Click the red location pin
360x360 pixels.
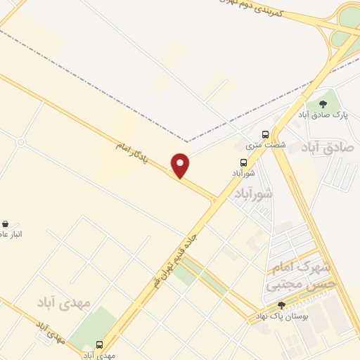(181, 166)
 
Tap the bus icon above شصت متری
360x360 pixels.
(265, 134)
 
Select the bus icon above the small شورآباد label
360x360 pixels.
(243, 162)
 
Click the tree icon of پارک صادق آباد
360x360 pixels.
(323, 104)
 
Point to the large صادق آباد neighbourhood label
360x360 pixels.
(329, 148)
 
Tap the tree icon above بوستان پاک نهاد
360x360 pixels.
(282, 305)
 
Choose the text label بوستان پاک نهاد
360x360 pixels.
(282, 317)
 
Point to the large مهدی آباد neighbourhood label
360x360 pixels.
(65, 302)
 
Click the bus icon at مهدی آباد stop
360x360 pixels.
(98, 345)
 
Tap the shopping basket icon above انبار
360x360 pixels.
(6, 224)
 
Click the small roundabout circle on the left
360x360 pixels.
(20, 142)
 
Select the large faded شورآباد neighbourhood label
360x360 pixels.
(253, 193)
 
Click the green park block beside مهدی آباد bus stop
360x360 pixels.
(91, 327)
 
